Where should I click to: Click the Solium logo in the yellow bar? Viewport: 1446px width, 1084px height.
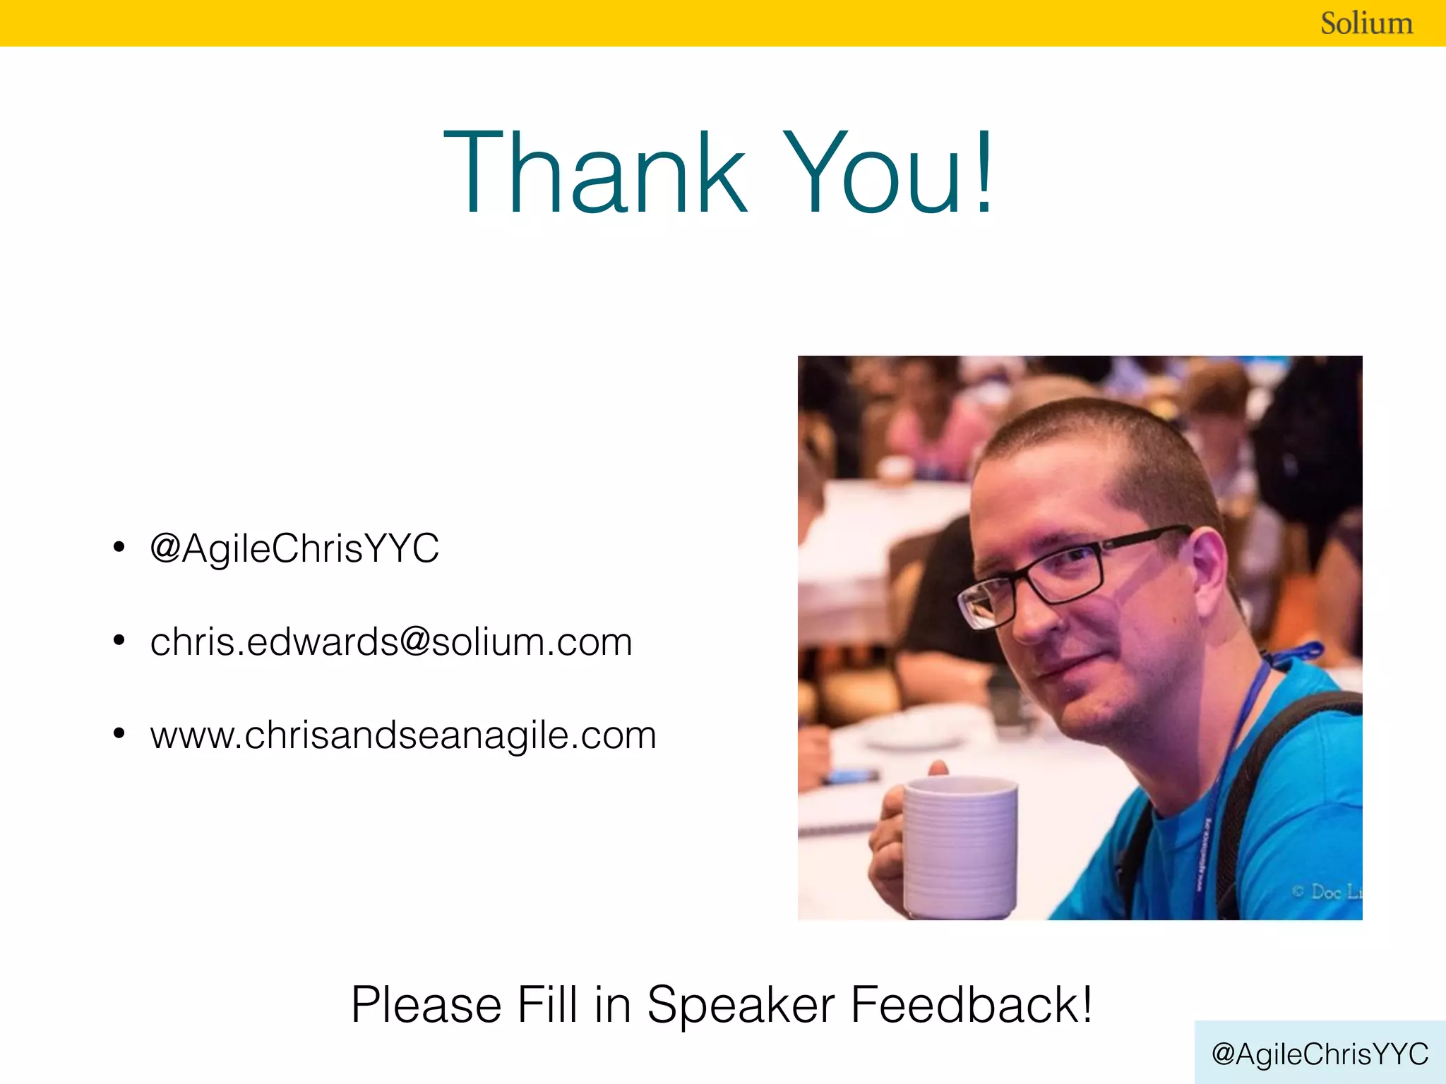pos(1366,23)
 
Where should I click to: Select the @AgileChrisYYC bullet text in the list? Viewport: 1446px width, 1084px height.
pos(294,548)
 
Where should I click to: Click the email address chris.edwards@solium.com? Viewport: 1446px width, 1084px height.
pos(391,642)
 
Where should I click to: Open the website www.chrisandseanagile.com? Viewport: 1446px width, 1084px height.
pos(403,735)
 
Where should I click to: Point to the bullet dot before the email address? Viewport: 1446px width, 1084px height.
pos(119,641)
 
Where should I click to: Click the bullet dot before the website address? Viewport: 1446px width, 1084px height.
pos(119,734)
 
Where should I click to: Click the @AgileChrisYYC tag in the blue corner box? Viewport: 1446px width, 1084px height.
pos(1320,1054)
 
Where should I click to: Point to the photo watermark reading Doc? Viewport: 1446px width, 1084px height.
pos(1326,892)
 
